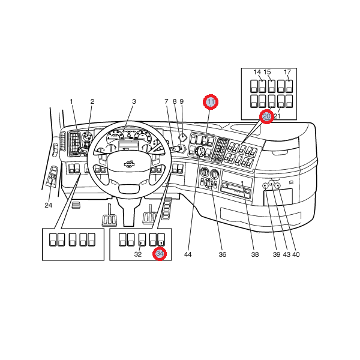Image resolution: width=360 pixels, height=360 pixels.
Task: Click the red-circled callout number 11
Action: pos(211,102)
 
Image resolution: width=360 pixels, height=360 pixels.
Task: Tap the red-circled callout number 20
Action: pos(266,116)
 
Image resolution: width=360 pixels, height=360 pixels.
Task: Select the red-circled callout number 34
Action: pos(160,254)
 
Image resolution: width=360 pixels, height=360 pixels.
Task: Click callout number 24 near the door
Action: pos(49,205)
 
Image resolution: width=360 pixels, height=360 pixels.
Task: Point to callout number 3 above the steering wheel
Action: pos(134,101)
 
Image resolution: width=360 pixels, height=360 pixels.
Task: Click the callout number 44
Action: pos(188,254)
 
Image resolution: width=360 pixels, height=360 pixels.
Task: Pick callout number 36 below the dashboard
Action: pos(222,254)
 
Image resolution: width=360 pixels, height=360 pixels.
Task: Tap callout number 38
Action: pos(255,254)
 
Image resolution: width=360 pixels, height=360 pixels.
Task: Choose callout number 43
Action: pos(286,254)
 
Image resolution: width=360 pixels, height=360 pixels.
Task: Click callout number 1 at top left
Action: pos(71,101)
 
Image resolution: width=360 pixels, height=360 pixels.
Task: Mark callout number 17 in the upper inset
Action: pos(287,72)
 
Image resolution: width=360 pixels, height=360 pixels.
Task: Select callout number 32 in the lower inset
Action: pos(137,254)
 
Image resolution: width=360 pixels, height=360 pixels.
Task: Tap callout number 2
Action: pos(92,101)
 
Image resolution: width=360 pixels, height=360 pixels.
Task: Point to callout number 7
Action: pos(167,101)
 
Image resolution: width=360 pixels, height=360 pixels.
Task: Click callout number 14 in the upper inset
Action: pos(257,72)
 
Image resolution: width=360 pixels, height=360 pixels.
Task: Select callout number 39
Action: pos(277,254)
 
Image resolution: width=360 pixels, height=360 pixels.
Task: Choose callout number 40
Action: pos(296,254)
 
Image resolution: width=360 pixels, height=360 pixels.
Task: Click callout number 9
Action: pos(181,101)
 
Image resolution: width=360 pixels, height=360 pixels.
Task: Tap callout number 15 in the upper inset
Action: pos(268,72)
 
